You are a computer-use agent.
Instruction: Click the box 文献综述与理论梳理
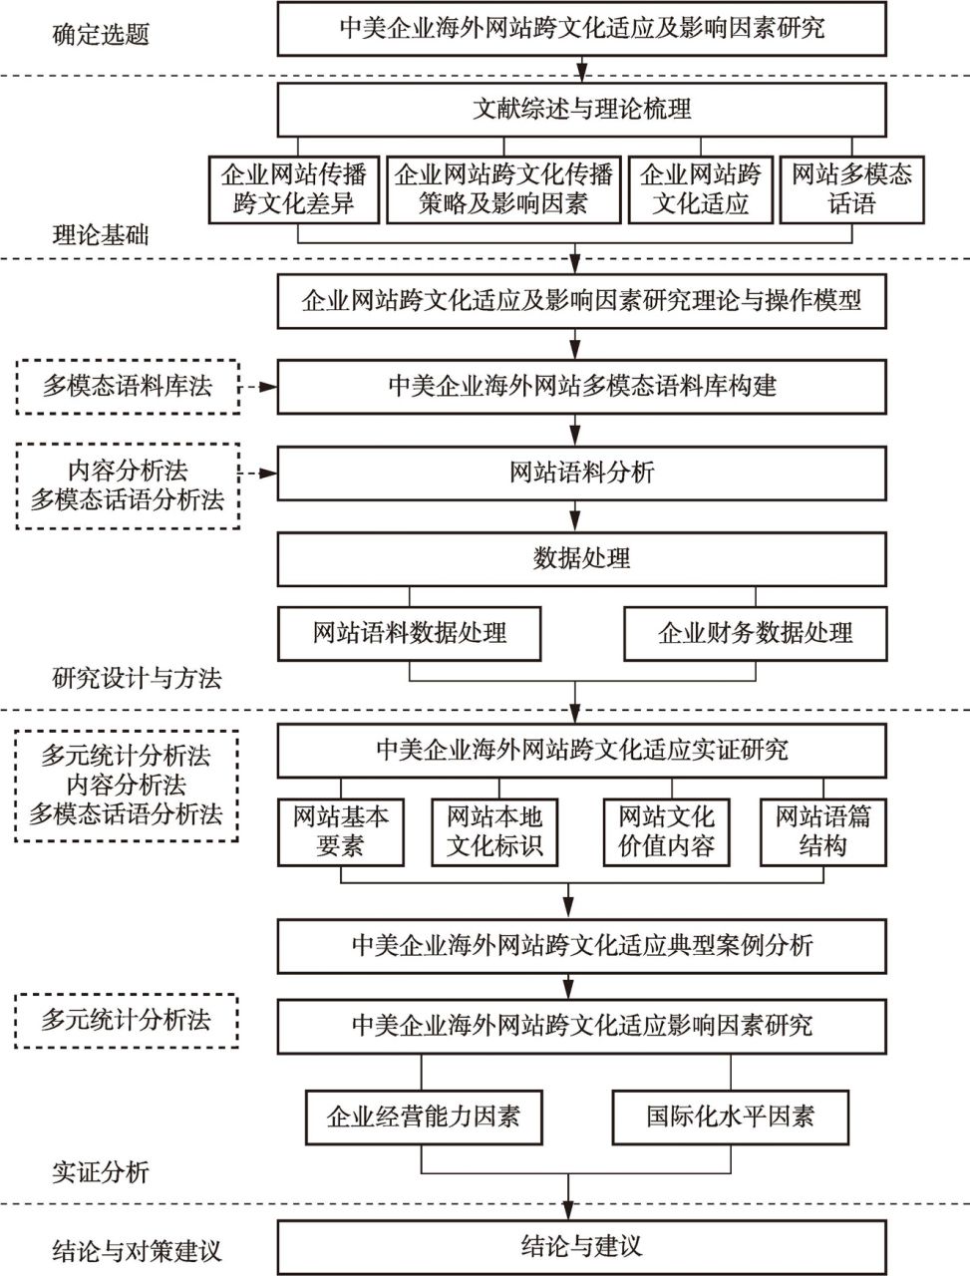[582, 110]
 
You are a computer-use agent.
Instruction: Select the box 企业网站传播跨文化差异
[294, 189]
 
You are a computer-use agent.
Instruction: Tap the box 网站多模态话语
[851, 189]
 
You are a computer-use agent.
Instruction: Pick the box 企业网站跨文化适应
[700, 189]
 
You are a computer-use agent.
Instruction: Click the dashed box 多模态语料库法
[128, 387]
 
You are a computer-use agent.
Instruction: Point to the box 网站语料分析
[582, 474]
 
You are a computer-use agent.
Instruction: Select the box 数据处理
[582, 559]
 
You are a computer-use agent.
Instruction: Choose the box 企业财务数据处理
[756, 634]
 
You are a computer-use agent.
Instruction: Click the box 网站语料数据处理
[409, 634]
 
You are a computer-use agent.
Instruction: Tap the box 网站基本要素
[341, 832]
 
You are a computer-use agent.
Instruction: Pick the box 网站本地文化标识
[494, 832]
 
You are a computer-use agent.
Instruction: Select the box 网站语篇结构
[823, 832]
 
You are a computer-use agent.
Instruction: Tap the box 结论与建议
[582, 1247]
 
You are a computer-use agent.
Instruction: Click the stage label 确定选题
[101, 35]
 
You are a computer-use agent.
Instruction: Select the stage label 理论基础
[101, 236]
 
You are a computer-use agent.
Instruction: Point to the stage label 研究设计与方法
[137, 679]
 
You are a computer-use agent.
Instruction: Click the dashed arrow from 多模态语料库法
[258, 387]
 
